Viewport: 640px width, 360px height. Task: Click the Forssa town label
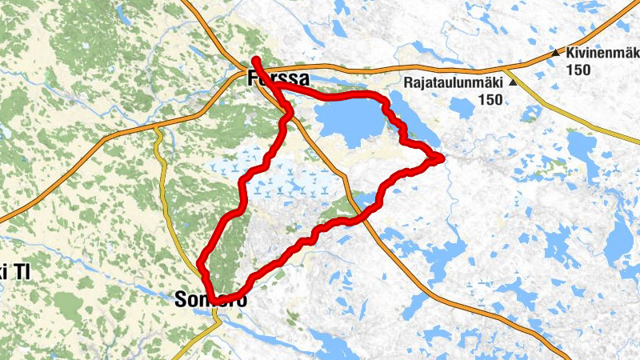(x=277, y=79)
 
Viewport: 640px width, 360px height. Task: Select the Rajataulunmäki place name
(x=453, y=82)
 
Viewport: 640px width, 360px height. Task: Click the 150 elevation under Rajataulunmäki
(x=491, y=100)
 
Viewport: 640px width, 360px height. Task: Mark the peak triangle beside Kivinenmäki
(x=556, y=54)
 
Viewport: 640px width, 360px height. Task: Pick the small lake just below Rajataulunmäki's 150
(x=462, y=108)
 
